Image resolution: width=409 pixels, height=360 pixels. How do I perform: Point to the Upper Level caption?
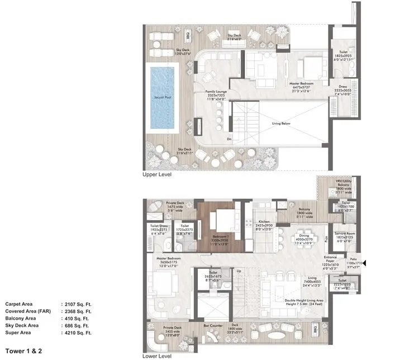(158, 175)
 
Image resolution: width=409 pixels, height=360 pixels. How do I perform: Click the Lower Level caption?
(158, 355)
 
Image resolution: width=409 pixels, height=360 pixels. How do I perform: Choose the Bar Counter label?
(212, 324)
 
